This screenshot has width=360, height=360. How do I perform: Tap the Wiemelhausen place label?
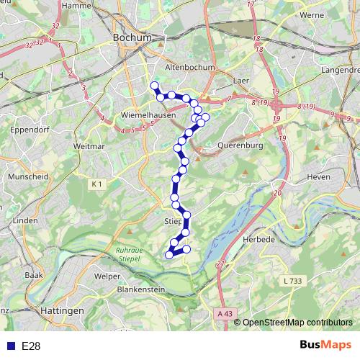123,114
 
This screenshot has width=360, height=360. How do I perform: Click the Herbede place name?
259,238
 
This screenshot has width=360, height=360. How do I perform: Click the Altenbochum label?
186,66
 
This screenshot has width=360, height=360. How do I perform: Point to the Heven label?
318,176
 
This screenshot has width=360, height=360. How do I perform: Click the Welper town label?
107,275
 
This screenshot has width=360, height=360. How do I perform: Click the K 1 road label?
98,184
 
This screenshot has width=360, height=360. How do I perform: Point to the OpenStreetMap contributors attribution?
297,323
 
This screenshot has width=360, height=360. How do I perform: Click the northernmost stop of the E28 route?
153,86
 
